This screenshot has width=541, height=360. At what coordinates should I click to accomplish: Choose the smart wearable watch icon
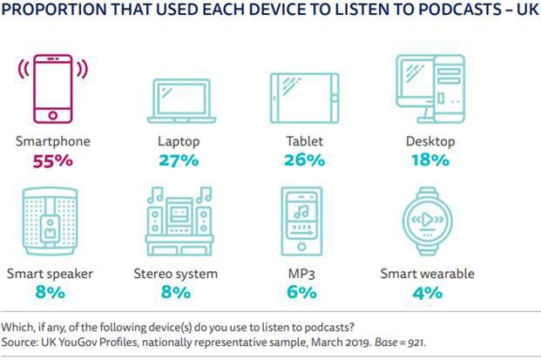(427, 221)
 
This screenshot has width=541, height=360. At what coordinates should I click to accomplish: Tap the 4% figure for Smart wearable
(427, 293)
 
